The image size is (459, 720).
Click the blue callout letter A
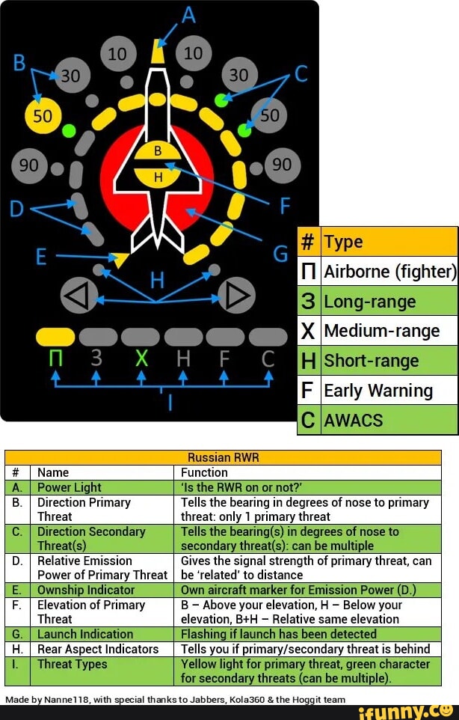coord(189,14)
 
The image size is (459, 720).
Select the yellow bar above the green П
coord(55,337)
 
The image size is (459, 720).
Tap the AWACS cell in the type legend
coord(389,420)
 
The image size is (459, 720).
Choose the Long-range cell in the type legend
coord(389,302)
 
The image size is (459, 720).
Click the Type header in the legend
coord(389,242)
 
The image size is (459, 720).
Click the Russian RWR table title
coord(223,457)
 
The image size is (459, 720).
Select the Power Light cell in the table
coord(102,487)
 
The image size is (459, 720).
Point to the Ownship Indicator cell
coord(102,590)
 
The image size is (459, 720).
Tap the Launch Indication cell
coord(102,634)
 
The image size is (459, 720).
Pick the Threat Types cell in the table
coord(102,664)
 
